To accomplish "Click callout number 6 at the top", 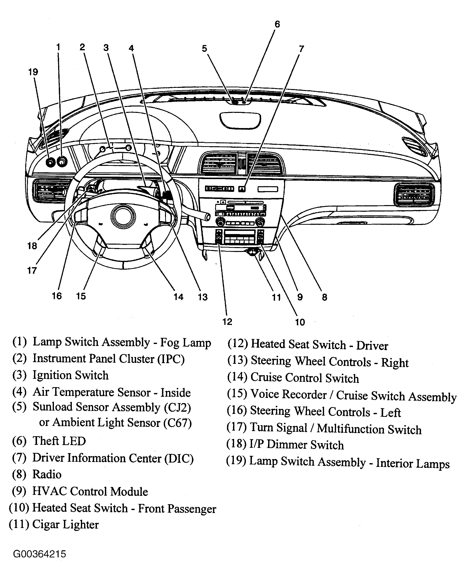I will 277,24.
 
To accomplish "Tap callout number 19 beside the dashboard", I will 33,72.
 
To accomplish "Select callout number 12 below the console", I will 227,322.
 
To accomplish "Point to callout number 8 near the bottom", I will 325,297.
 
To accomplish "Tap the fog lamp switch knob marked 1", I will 62,162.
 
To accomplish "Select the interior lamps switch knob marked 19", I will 50,162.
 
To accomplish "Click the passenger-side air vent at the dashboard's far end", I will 414,195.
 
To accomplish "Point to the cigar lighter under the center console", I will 252,252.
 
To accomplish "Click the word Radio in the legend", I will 47,474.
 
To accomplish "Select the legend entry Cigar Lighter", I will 65,524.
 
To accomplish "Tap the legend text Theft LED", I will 59,441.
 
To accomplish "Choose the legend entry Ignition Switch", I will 71,375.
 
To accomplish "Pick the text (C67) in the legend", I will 178,423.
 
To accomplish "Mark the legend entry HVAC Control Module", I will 90,491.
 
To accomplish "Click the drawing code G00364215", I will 39,554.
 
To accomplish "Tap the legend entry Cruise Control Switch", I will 305,378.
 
